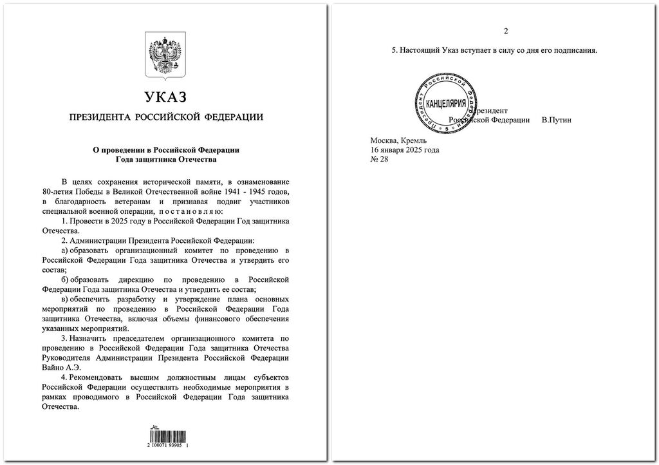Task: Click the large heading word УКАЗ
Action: (165, 97)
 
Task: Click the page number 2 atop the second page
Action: (506, 32)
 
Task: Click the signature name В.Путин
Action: (557, 120)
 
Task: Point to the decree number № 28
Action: (380, 159)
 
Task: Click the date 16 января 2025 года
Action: (405, 150)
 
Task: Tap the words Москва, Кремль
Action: (394, 140)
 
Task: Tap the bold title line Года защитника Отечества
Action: (166, 159)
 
